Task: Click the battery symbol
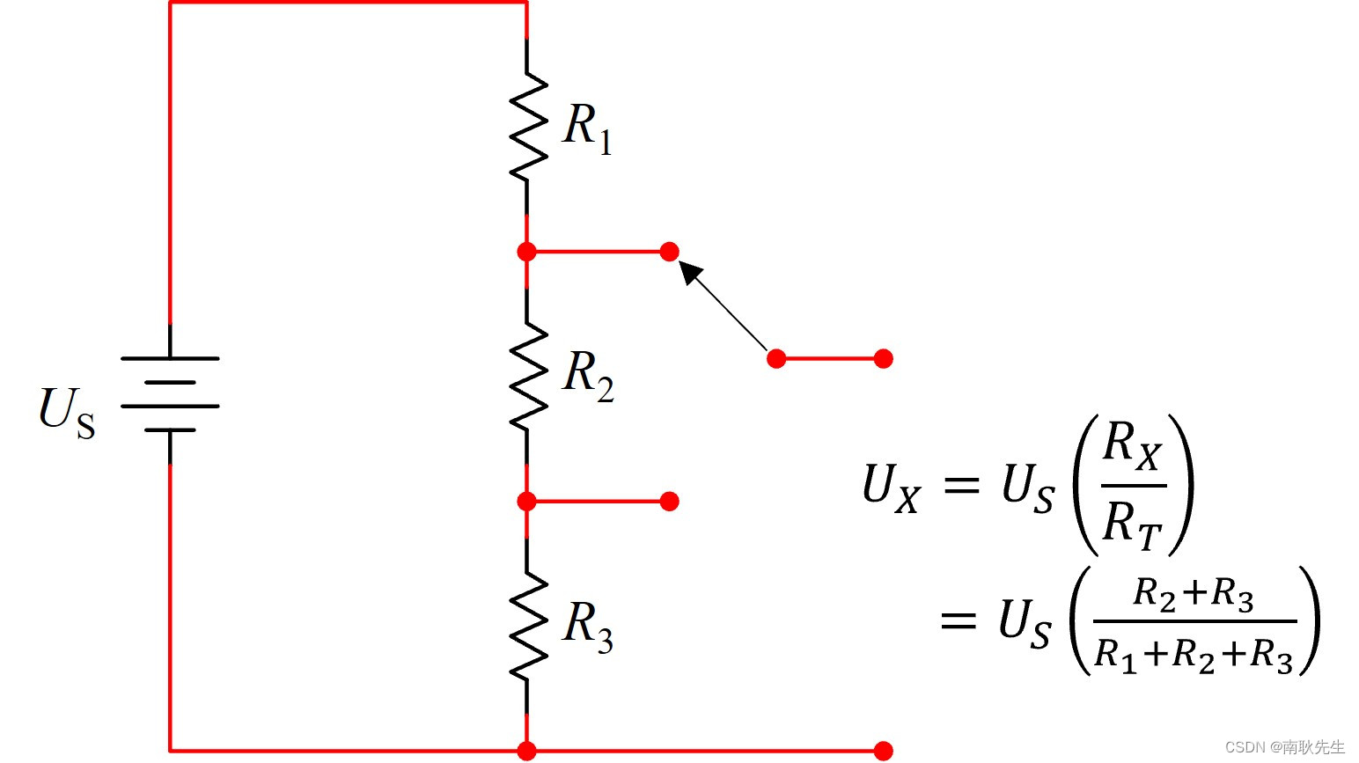point(170,394)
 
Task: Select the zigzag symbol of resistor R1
point(527,127)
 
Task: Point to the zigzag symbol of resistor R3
point(527,626)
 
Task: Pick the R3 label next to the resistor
point(588,627)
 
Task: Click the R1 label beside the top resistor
point(587,127)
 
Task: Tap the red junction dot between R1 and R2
point(526,252)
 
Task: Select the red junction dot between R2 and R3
point(526,502)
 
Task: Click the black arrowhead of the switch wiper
point(691,272)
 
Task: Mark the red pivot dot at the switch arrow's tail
point(776,358)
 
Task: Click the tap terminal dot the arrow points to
point(670,252)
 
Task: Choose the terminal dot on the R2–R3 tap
point(670,502)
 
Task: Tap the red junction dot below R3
point(526,751)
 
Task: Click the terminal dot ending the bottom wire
point(884,751)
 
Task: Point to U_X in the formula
point(891,487)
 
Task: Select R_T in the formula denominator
point(1132,523)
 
